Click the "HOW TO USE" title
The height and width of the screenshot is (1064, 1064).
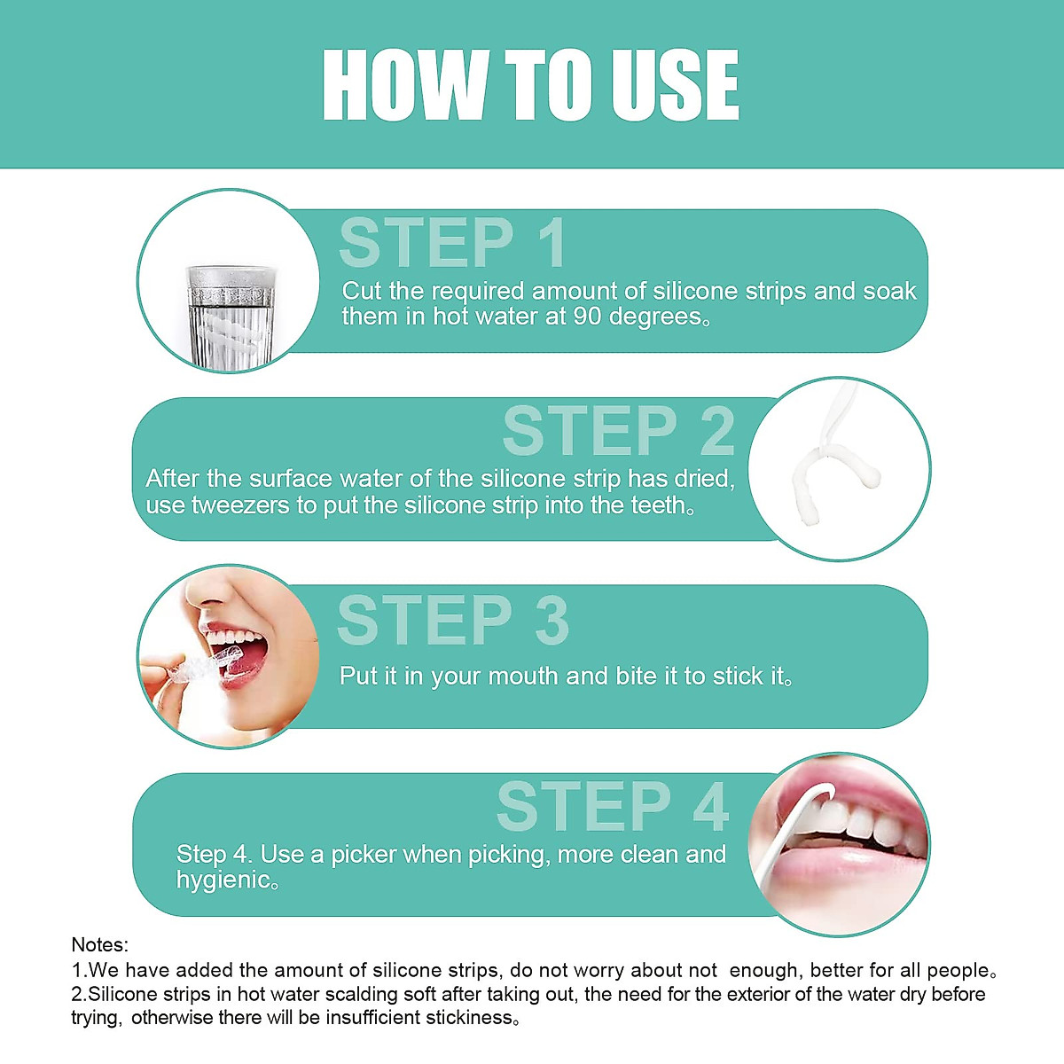530,85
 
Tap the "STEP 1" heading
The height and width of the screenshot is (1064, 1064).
452,243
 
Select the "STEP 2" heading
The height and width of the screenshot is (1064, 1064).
618,432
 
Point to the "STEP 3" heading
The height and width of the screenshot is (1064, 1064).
452,621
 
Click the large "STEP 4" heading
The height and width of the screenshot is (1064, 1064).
612,808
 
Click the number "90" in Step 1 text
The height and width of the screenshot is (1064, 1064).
587,317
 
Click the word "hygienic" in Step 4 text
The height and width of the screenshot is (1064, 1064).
223,880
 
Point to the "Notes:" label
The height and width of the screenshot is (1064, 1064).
99,945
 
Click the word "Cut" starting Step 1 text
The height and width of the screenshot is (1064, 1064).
362,292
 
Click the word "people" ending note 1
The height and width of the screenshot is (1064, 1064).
958,970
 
